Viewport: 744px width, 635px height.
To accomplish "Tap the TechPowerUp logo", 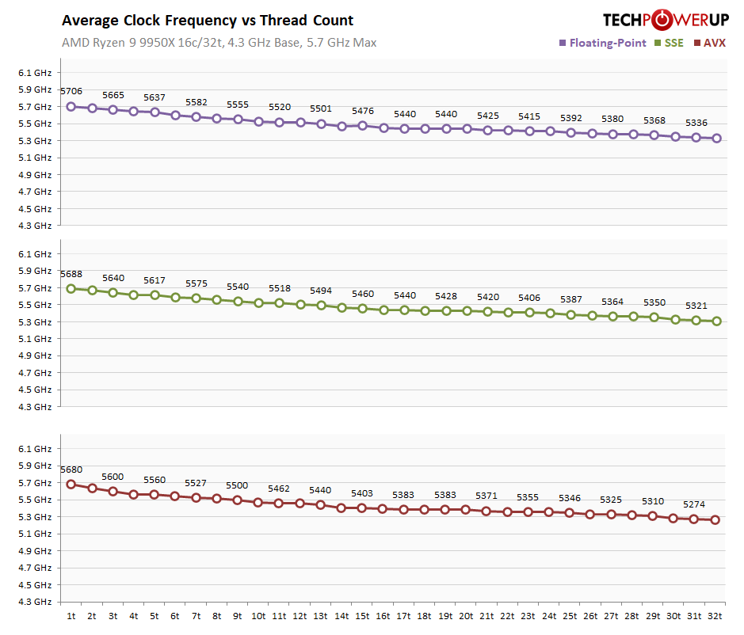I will coord(665,20).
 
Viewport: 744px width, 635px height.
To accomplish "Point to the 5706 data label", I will coord(71,92).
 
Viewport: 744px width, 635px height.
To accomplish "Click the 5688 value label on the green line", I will coord(71,274).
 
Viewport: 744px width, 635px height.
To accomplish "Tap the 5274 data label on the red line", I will coord(694,504).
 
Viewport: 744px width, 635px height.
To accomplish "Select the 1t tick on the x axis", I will coord(71,615).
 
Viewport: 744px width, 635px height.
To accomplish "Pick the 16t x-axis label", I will coord(383,615).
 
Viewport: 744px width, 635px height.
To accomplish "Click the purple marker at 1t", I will coord(71,106).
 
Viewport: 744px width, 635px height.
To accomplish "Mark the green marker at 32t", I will coord(716,321).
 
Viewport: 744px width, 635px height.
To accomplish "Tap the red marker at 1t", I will coord(71,484).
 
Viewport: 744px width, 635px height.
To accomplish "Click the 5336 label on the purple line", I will coord(696,123).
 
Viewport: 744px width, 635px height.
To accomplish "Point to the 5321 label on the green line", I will coord(696,306).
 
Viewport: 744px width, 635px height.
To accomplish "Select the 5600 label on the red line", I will coord(113,477).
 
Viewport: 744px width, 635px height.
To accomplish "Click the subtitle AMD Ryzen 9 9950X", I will coord(219,43).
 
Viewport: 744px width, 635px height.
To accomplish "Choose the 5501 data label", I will coord(321,108).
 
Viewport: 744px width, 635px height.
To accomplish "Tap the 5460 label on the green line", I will coord(363,294).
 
